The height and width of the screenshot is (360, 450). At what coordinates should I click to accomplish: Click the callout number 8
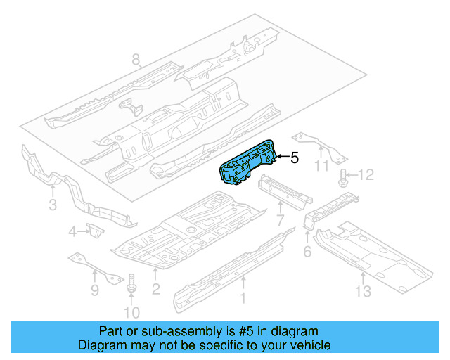(136, 60)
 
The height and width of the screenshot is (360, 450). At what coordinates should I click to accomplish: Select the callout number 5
(295, 158)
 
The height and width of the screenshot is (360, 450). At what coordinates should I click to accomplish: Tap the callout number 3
(53, 205)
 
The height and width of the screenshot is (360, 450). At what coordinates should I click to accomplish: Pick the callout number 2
(156, 288)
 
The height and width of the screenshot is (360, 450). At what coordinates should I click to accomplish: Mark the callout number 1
(244, 297)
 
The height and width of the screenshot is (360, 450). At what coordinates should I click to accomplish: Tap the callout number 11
(322, 166)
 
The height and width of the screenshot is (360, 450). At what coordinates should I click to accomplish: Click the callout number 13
(363, 291)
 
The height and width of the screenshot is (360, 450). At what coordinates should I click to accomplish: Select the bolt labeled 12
(344, 176)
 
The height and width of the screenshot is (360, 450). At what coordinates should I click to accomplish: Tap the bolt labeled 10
(130, 284)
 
